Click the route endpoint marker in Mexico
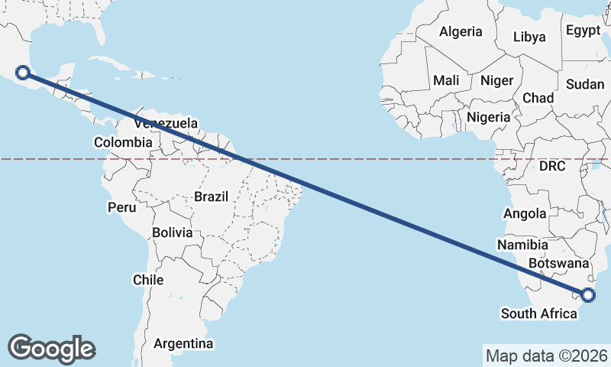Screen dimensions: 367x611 coord(23,73)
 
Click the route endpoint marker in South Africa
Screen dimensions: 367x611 coord(588,295)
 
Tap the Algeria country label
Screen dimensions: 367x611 coord(461,32)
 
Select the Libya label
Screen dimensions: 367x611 coord(530,37)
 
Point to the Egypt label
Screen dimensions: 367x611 coord(584,31)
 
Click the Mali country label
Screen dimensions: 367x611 coord(446,80)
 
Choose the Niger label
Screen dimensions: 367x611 coord(496,80)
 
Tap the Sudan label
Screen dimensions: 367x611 coord(585,84)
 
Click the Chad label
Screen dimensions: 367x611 coord(538,99)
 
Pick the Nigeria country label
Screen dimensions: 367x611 coord(488,118)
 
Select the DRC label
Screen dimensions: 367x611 coord(552,166)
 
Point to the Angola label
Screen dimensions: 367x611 coord(525,214)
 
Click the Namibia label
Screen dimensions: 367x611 coord(522,245)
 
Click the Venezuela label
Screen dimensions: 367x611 coord(166,123)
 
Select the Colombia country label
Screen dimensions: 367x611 coord(123,142)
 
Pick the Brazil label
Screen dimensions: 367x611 coord(212,196)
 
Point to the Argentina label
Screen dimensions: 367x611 coord(183,344)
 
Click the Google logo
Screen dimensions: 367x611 coord(51,349)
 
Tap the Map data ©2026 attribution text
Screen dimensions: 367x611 coord(547,356)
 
